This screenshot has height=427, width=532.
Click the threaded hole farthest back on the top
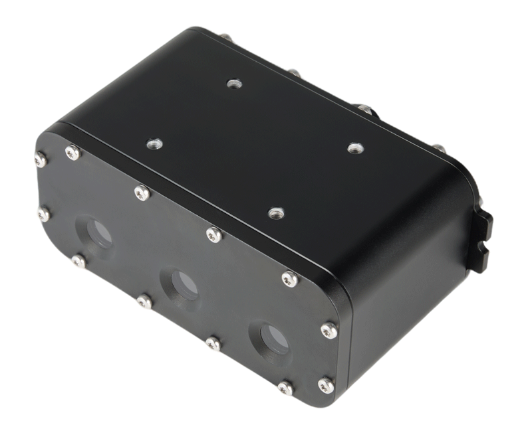coord(233,84)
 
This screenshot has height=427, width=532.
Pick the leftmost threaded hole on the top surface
coord(154,143)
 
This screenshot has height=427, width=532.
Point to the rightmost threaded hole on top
coord(354,148)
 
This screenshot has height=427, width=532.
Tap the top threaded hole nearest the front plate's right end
coord(276,213)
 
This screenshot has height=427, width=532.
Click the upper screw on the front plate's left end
coord(41,159)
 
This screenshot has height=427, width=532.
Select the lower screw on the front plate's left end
coord(44,214)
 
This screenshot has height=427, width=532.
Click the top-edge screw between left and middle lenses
coord(142,193)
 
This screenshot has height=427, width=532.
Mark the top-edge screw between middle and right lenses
coord(214,234)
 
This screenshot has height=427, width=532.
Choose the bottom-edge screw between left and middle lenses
coord(144,302)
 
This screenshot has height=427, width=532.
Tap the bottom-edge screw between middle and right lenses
coord(213,343)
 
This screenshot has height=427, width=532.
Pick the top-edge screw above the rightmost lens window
coord(290,280)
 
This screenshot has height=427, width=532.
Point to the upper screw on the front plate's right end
coord(329,330)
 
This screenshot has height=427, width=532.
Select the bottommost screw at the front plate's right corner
coord(325,384)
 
